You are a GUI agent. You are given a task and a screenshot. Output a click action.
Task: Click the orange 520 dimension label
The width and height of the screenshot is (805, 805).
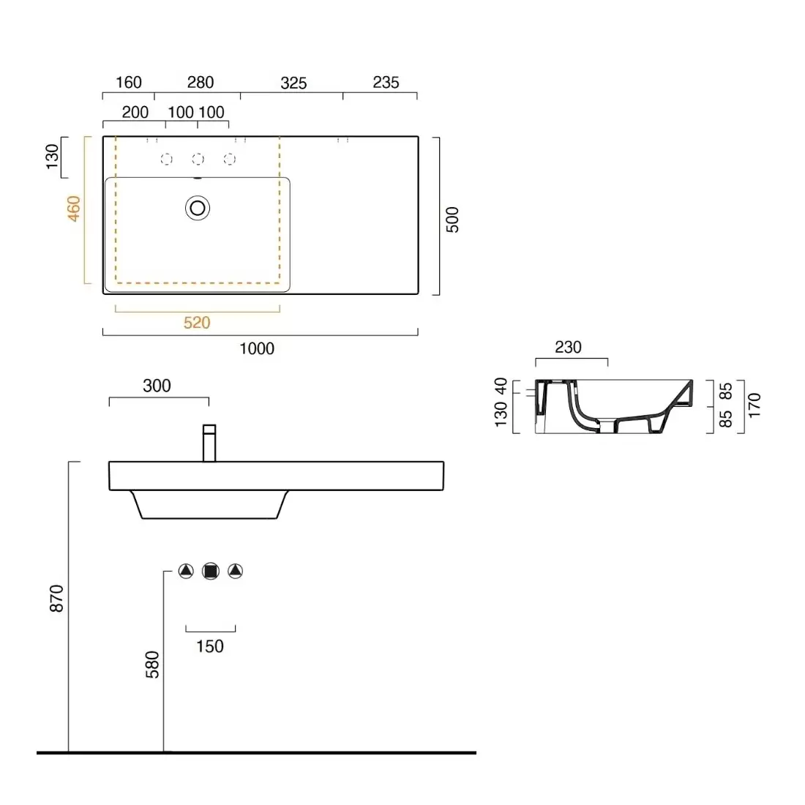point(197,323)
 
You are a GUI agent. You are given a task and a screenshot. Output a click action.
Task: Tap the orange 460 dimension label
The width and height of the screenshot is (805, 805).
point(74,209)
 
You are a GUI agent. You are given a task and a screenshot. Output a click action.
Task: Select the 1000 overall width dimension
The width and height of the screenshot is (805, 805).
point(257,349)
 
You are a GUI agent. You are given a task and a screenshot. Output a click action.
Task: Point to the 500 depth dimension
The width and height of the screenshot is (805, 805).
point(453,220)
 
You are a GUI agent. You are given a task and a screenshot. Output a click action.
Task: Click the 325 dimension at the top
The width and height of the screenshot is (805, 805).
point(293,83)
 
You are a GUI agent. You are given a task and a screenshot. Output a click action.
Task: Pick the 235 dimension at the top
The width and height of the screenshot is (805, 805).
point(386,83)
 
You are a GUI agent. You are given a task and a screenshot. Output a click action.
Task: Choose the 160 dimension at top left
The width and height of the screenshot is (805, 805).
point(129,83)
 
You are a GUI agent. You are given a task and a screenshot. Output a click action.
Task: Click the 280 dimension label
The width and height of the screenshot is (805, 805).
point(200,83)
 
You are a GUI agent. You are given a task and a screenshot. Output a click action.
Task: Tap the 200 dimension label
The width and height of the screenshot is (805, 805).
point(135,113)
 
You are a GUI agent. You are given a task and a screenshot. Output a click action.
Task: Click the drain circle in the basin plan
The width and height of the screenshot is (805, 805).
point(198,209)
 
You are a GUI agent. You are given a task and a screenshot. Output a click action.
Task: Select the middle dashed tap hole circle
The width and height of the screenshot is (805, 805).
point(198,159)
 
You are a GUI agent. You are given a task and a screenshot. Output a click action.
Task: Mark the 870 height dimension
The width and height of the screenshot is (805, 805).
point(57,599)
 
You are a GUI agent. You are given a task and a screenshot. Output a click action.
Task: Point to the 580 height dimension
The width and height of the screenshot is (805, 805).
point(152,664)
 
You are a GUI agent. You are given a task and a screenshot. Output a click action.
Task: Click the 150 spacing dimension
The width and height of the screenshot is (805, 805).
point(210,646)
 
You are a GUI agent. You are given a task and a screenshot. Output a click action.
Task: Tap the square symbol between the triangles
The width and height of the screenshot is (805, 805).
point(211,571)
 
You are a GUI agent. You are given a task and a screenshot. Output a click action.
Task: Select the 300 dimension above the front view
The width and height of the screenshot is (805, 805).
point(157,386)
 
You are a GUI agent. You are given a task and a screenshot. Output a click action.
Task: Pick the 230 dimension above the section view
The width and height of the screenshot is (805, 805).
point(568,348)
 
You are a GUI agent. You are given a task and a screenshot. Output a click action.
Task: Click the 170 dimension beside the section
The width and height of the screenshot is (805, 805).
point(755,405)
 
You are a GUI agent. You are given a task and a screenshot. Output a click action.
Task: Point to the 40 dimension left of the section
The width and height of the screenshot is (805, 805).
point(501,386)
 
